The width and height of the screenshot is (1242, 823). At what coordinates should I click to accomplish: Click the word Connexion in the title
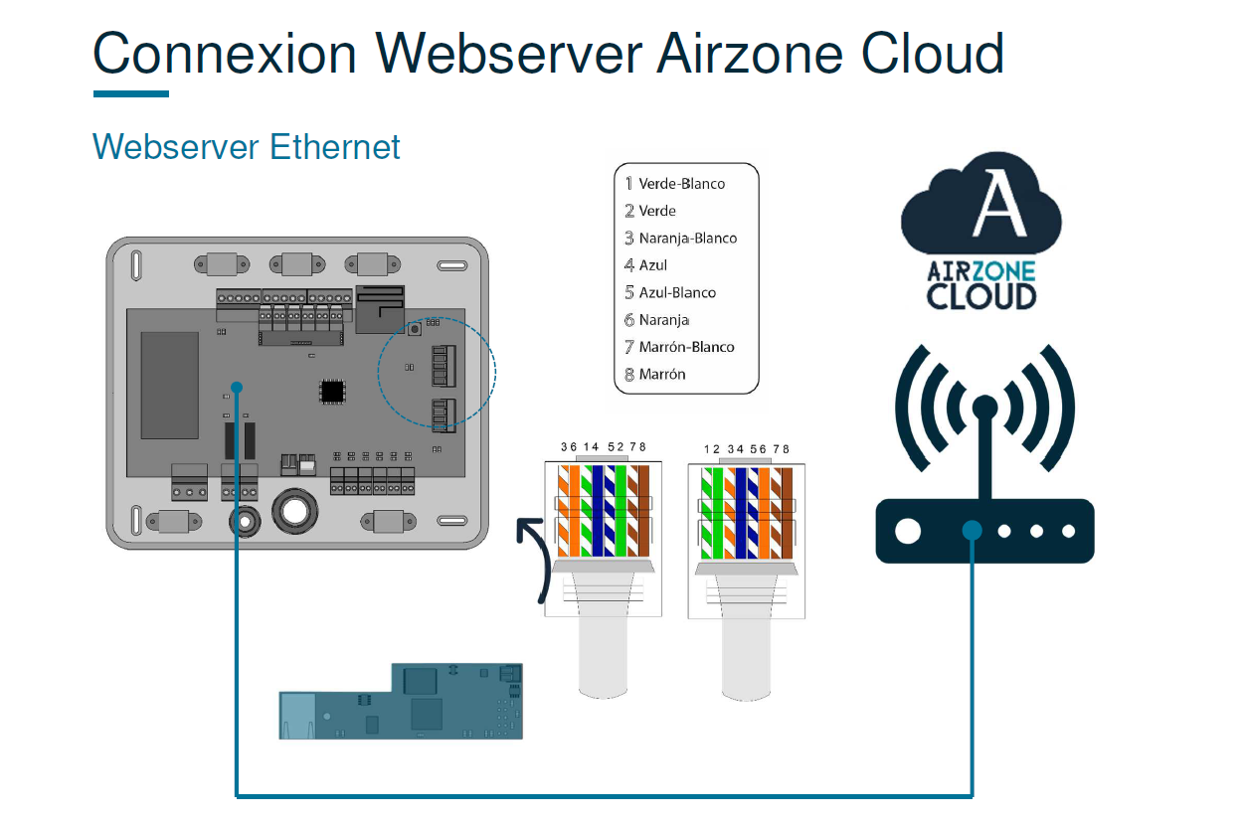pyautogui.click(x=225, y=54)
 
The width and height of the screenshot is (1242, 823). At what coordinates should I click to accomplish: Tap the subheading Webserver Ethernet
pyautogui.click(x=246, y=147)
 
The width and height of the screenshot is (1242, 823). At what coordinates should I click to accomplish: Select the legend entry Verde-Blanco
pyautogui.click(x=681, y=184)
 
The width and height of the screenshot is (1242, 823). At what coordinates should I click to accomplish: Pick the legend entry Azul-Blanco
pyautogui.click(x=676, y=292)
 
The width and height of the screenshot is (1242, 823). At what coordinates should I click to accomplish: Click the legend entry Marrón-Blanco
pyautogui.click(x=686, y=347)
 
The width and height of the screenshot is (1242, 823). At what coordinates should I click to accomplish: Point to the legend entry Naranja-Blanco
pyautogui.click(x=687, y=239)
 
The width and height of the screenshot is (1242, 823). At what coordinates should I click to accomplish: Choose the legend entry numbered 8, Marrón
pyautogui.click(x=661, y=375)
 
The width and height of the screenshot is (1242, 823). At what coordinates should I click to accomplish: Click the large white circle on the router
pyautogui.click(x=908, y=531)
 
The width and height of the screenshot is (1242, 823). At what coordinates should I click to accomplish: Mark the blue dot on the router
pyautogui.click(x=972, y=531)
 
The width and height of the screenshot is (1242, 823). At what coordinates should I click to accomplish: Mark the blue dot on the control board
pyautogui.click(x=237, y=387)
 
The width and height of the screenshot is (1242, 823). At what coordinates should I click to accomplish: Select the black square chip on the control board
pyautogui.click(x=332, y=392)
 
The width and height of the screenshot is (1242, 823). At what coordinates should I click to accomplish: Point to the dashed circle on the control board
pyautogui.click(x=437, y=373)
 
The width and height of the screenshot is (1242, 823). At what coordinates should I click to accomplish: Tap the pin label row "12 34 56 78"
pyautogui.click(x=746, y=449)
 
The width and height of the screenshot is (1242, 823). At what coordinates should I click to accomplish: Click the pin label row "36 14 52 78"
pyautogui.click(x=603, y=447)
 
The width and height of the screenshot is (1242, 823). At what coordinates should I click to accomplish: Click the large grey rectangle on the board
pyautogui.click(x=169, y=385)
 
